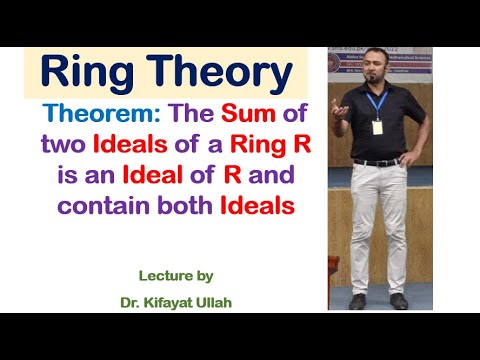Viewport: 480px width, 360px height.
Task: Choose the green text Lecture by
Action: (x=175, y=275)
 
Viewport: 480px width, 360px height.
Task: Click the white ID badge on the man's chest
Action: (x=379, y=128)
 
